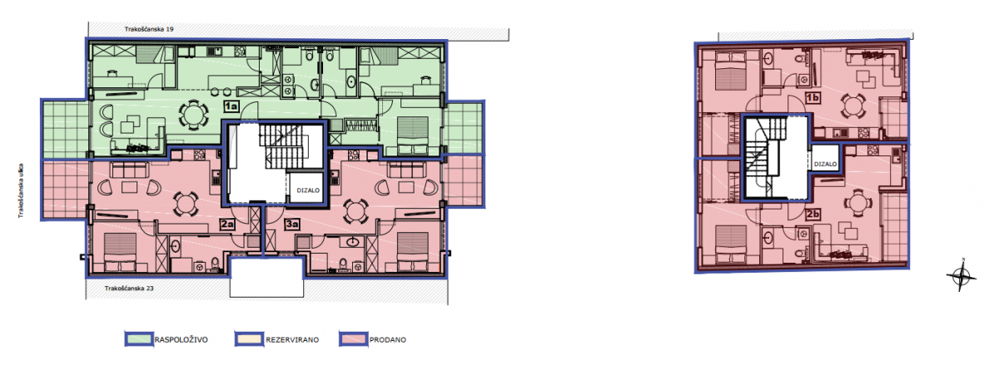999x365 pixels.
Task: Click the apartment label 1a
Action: pos(231,106)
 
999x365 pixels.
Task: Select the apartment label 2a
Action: pos(227,224)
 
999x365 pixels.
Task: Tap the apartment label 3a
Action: pos(292,224)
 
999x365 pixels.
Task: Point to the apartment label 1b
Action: pos(813,97)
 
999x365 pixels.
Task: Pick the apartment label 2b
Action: pos(813,215)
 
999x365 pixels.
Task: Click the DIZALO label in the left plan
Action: pos(308,190)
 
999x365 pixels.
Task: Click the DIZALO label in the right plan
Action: pos(826,164)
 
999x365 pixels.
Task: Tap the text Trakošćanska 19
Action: pos(149,29)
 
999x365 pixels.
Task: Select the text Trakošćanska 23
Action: pos(129,289)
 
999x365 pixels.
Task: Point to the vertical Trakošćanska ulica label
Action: pos(21,191)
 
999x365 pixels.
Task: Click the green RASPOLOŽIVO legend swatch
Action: pos(139,339)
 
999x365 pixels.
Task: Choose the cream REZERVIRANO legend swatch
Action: pos(249,339)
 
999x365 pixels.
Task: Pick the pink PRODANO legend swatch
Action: pos(353,339)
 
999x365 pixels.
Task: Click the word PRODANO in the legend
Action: pos(388,339)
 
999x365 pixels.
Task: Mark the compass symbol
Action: pos(962,275)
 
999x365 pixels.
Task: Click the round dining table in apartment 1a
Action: pos(193,115)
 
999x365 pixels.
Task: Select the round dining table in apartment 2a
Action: pos(186,205)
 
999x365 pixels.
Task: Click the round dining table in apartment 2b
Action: pos(857,204)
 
